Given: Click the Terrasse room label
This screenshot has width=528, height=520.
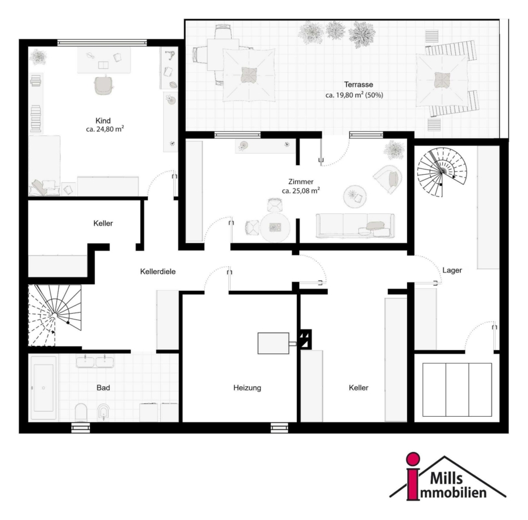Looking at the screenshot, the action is (358, 84).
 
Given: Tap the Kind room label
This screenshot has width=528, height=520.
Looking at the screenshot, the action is (103, 121).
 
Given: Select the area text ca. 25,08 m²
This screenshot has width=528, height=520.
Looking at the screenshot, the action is (301, 191).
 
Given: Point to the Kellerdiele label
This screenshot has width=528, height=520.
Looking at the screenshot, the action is (158, 271).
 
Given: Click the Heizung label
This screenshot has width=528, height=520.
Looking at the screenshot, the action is (247, 388).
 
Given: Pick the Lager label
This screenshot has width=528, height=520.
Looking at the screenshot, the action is (452, 270).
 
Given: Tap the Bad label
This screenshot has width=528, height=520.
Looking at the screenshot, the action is (103, 388).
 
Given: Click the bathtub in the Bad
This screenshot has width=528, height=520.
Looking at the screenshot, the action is (43, 388).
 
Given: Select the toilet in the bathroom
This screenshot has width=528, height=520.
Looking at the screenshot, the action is (81, 413).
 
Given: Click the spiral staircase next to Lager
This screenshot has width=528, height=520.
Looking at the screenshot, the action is (442, 172).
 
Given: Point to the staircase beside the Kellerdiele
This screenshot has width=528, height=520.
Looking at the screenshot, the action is (55, 315).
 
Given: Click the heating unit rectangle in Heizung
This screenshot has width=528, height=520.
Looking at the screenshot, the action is (273, 344).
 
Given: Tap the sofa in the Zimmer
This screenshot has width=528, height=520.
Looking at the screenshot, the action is (355, 226).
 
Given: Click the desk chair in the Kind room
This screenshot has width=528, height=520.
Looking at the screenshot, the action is (103, 84).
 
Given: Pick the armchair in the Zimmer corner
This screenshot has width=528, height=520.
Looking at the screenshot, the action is (388, 179).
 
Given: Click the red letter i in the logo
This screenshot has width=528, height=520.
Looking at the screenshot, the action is (413, 476).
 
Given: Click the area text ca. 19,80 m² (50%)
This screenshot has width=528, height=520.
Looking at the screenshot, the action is (354, 95).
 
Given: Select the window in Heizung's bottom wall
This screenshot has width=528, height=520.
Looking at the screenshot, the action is (279, 428).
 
